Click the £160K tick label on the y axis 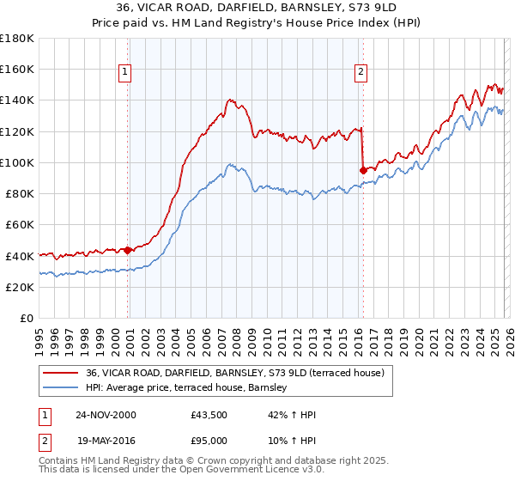pos(17,69)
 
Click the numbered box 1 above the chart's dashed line pos(125,72)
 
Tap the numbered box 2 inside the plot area pos(360,72)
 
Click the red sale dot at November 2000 pos(128,250)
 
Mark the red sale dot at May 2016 pos(363,170)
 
